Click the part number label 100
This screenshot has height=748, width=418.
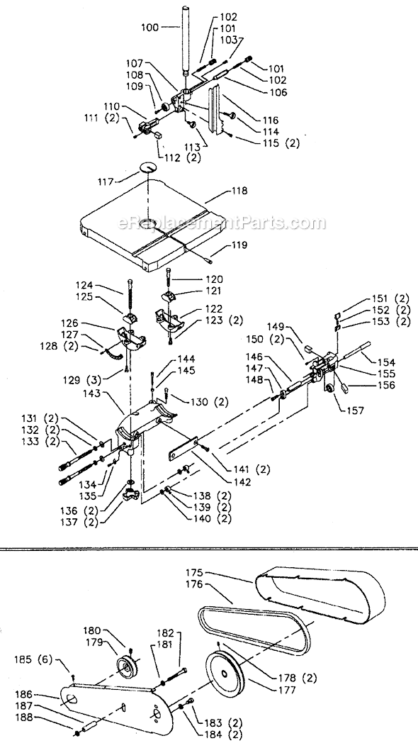[x=152, y=28]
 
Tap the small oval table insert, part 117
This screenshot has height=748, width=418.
[x=149, y=167]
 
